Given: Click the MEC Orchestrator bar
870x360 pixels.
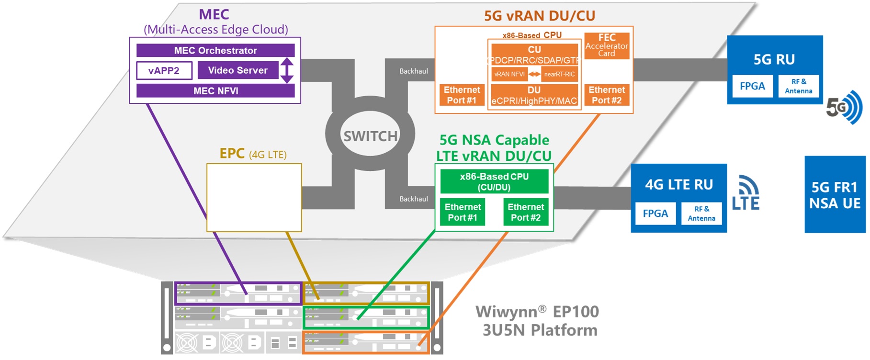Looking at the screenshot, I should [x=215, y=50].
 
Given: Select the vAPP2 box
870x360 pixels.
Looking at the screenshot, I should [x=164, y=70].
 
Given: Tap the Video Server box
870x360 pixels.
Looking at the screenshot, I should [x=237, y=70].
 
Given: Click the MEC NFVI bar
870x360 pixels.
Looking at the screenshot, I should [x=215, y=90].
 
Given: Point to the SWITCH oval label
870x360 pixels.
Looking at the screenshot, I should [x=370, y=136].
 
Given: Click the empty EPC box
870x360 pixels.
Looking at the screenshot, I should [x=254, y=197].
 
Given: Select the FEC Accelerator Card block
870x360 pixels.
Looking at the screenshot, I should [x=607, y=45].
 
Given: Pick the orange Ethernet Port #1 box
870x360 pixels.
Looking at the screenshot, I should [x=462, y=95].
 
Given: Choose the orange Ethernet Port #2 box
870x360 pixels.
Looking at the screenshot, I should [x=607, y=95].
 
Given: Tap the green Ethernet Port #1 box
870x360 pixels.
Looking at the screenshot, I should [x=463, y=212].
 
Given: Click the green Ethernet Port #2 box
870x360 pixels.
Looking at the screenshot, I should [x=526, y=212].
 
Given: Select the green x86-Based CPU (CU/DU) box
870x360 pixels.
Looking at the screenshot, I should [x=494, y=181].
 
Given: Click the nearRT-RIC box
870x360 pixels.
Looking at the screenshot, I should [x=559, y=74].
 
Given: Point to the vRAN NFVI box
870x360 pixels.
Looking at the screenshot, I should [x=509, y=74].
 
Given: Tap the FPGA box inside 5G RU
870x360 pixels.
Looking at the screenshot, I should [x=752, y=86].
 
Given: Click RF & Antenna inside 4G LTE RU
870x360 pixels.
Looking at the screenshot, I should [x=701, y=214].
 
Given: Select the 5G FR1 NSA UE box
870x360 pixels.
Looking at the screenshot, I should [x=835, y=195].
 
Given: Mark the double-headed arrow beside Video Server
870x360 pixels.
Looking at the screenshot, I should [x=287, y=70].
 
